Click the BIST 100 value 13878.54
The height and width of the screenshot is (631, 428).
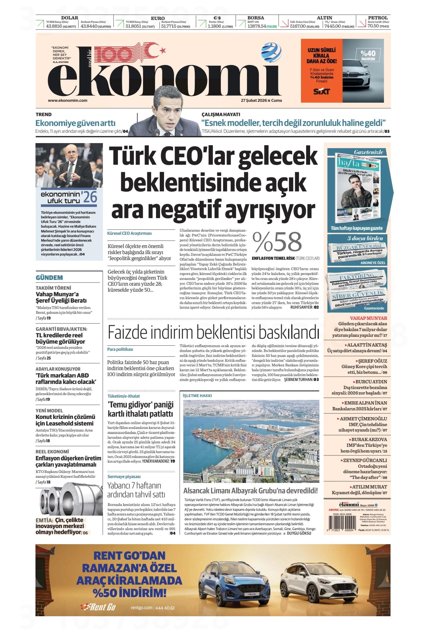point(257,26)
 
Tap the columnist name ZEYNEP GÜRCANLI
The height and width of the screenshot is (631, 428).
point(365,460)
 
